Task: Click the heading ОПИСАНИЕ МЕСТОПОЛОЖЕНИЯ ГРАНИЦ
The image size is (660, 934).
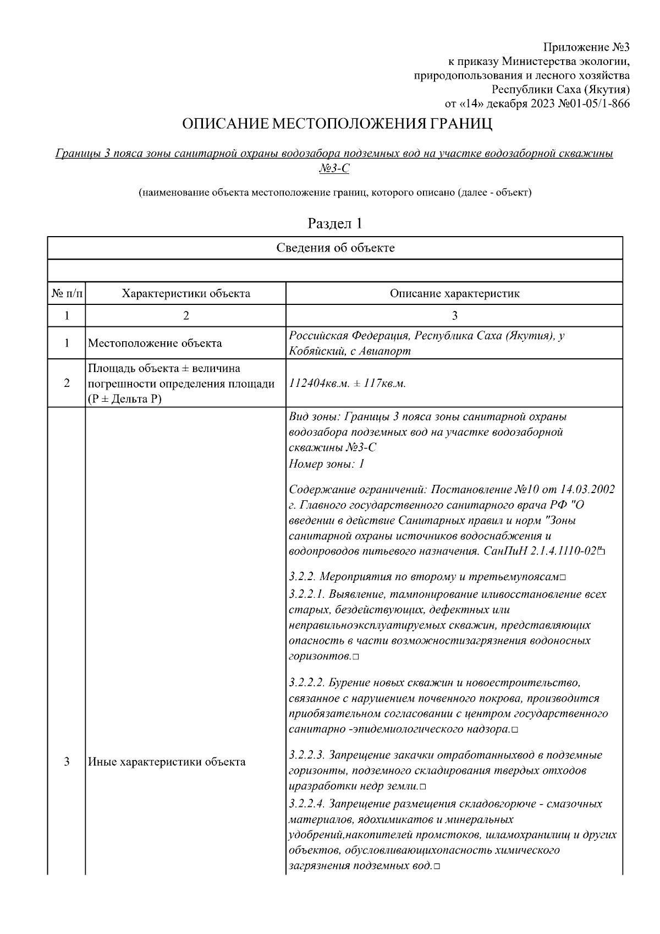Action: (337, 124)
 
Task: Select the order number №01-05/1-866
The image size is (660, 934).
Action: (594, 104)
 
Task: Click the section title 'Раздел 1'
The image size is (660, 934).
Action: (335, 223)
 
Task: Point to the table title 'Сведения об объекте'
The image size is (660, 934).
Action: (335, 248)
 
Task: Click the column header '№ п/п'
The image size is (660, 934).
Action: (67, 293)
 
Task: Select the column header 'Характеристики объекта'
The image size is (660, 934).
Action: (185, 293)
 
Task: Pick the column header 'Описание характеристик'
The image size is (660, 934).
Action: (454, 293)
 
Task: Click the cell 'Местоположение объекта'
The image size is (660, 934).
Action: (155, 343)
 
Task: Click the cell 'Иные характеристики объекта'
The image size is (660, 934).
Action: (167, 762)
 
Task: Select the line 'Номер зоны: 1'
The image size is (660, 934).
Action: (327, 463)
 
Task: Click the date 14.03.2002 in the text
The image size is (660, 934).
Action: (587, 489)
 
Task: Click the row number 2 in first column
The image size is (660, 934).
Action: (67, 384)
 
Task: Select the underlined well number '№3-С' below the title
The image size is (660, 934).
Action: (334, 168)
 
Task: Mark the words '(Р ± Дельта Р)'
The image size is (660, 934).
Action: (124, 399)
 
